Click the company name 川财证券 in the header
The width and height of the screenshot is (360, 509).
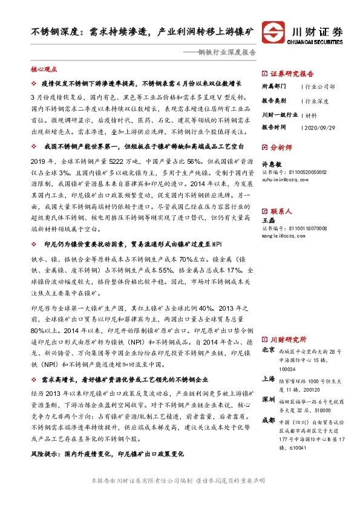[x=317, y=30]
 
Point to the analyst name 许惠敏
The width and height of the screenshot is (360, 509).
[x=269, y=163]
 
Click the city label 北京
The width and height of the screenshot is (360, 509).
[x=268, y=349]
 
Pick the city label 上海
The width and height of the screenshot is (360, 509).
[x=268, y=380]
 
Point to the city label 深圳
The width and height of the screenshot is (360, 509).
[x=268, y=400]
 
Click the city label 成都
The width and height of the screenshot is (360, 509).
[x=268, y=421]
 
